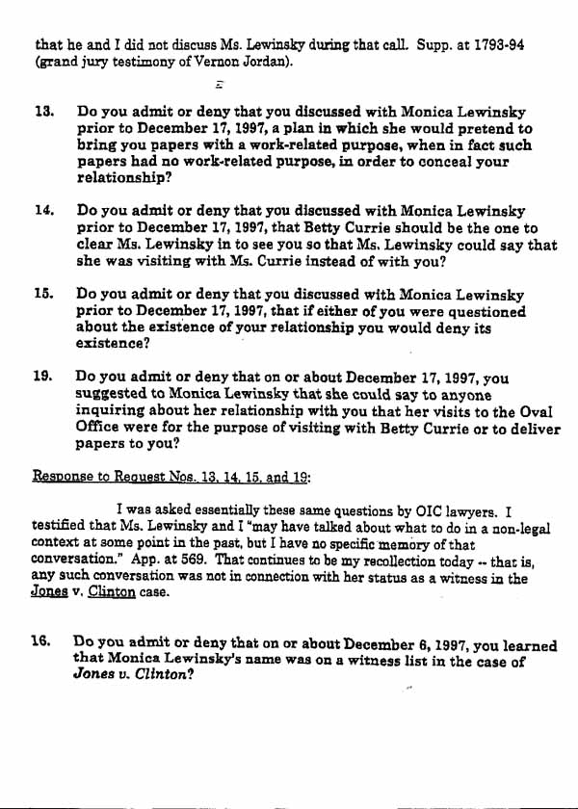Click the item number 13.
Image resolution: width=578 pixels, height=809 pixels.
(42, 112)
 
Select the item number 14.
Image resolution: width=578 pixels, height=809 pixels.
(42, 210)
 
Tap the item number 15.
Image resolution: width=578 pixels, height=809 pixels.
(42, 295)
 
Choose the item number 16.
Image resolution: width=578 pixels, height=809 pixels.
(42, 642)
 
